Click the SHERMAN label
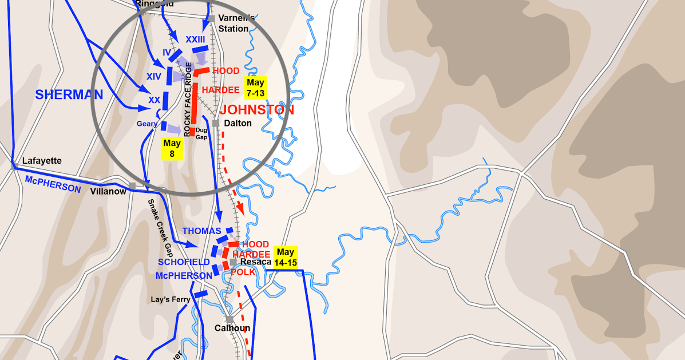coord(69,95)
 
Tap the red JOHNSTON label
coord(257,110)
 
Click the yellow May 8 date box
coord(172,148)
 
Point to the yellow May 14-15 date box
coord(285,257)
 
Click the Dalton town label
coord(237,123)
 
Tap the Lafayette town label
coord(41,161)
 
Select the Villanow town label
coord(108,191)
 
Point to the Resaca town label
coord(255,262)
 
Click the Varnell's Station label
coord(233,23)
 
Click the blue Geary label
coord(146,123)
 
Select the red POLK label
coord(243,272)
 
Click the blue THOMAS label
coord(201,231)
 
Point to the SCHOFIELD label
coord(184,262)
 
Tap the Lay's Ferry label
coord(170,299)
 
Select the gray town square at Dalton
coord(216,123)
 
